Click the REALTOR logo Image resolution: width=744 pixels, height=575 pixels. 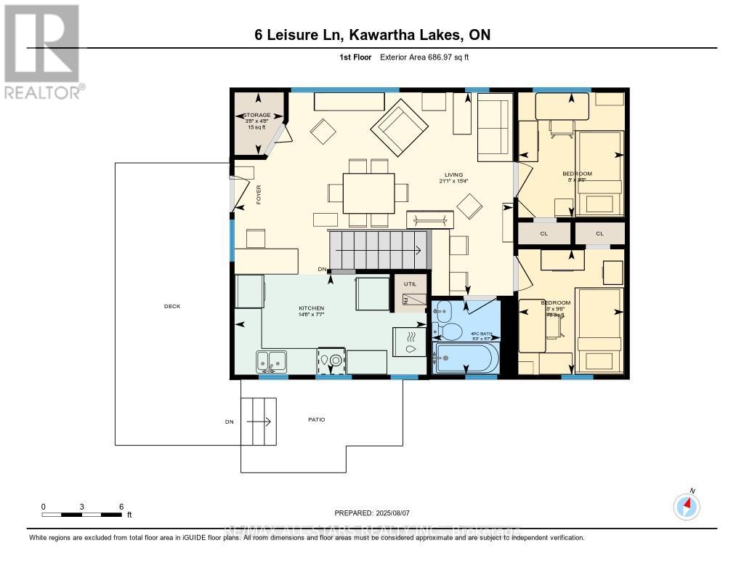point(41,51)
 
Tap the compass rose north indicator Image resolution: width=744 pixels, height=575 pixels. point(687,506)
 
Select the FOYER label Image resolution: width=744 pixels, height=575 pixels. point(258,196)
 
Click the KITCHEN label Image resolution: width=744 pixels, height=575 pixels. point(310,308)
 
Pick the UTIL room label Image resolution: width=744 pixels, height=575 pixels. point(410,285)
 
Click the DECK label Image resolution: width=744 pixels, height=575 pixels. point(172,306)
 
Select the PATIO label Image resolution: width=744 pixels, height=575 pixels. point(316,419)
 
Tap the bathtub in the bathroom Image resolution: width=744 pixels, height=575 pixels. point(466,358)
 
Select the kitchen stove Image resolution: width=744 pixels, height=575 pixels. point(331,360)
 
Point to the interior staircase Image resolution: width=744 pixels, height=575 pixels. point(378,250)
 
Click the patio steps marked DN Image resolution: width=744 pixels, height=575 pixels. point(259,422)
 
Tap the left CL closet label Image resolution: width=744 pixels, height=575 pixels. point(543,233)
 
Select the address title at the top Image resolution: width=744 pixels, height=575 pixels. point(368,36)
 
